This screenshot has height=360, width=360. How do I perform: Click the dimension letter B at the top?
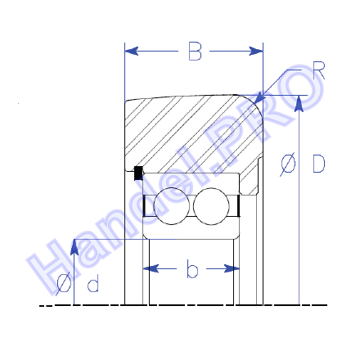(x=195, y=51)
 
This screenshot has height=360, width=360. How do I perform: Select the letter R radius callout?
(x=318, y=70)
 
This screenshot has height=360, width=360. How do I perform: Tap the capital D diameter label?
(x=318, y=164)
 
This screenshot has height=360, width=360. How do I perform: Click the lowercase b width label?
(x=192, y=269)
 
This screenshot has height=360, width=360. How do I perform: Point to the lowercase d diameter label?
(x=93, y=283)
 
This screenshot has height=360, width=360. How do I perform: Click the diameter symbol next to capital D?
(x=288, y=164)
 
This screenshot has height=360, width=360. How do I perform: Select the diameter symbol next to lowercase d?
(x=64, y=284)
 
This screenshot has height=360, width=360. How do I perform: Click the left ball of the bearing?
(x=171, y=206)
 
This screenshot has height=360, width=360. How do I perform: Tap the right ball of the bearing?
(x=211, y=206)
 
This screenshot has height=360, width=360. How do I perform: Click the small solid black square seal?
(x=138, y=173)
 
